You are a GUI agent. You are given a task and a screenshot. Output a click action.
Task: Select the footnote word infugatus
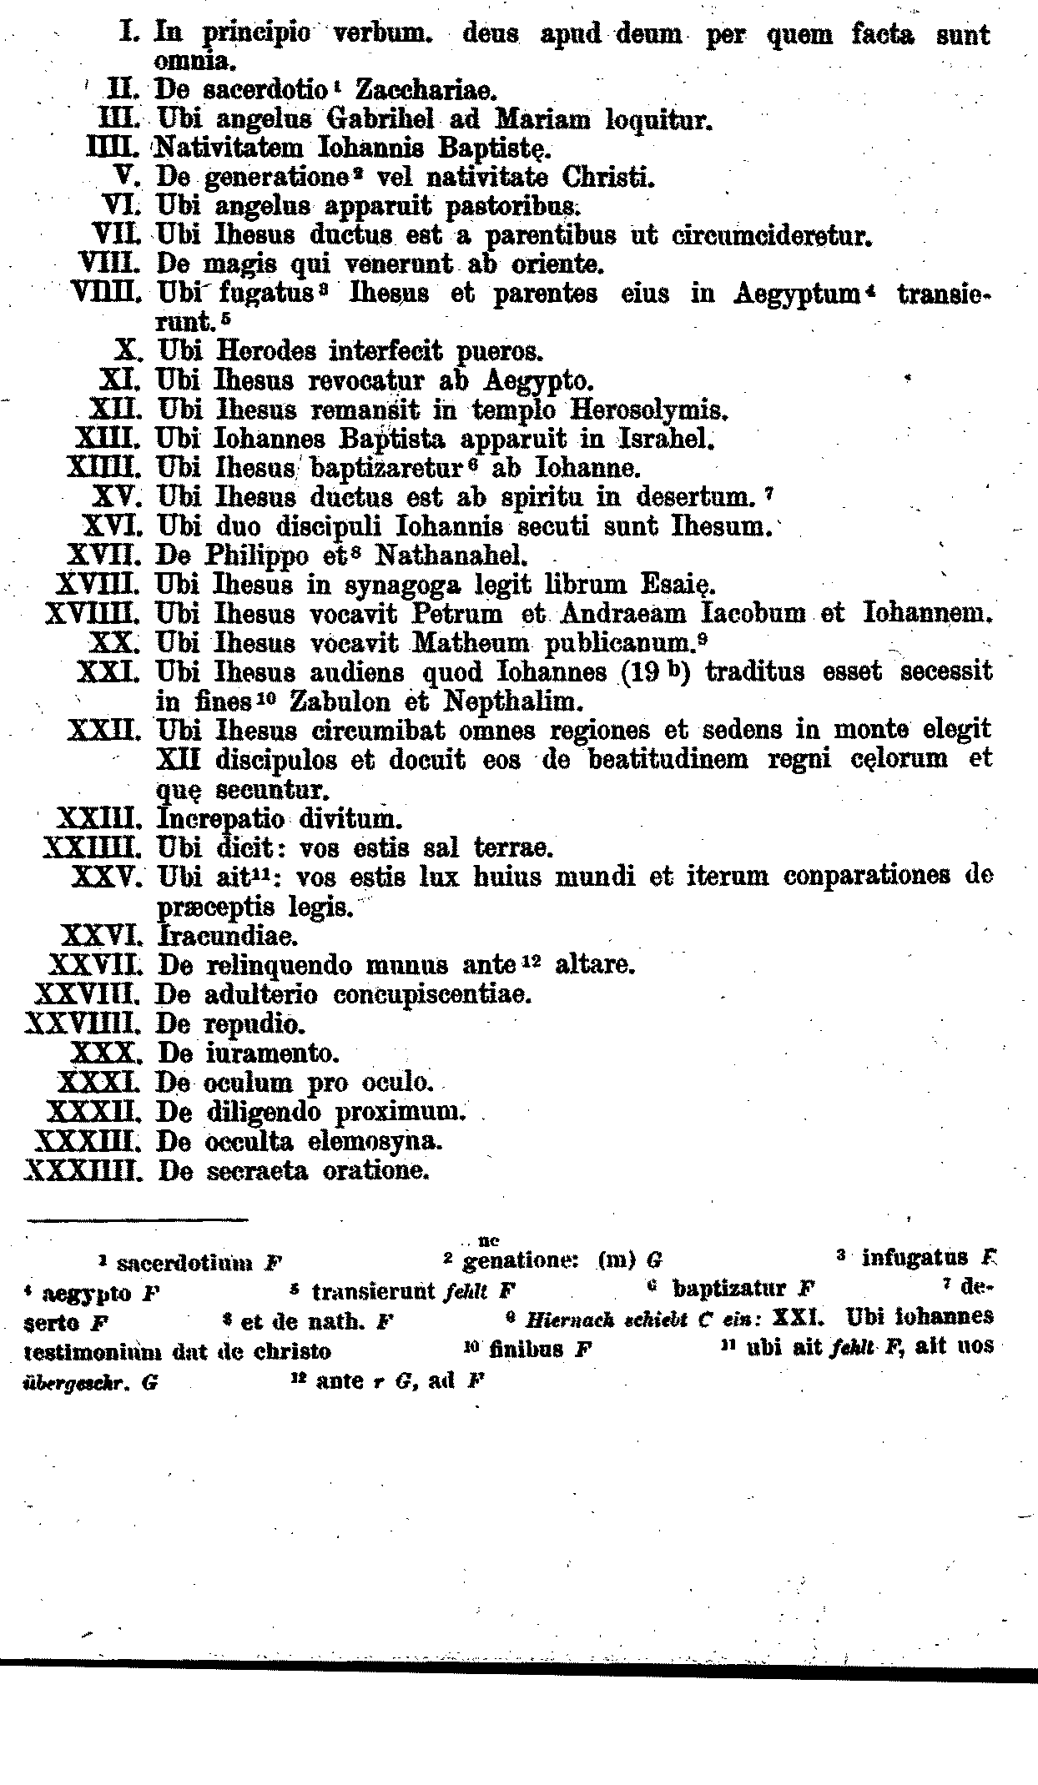pos(915,1257)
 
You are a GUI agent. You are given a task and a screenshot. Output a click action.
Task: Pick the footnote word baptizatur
pos(729,1290)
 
